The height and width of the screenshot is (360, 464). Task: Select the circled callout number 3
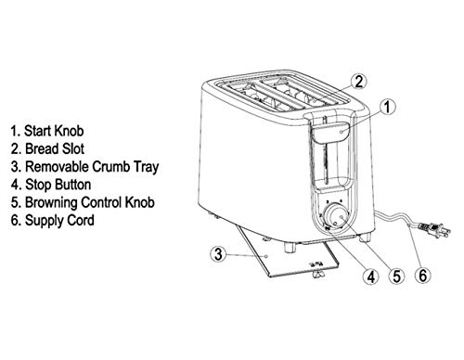[x=216, y=252]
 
